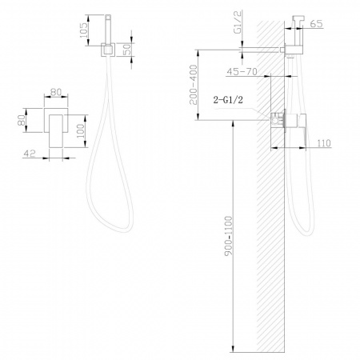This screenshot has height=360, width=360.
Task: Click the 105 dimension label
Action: point(83,30)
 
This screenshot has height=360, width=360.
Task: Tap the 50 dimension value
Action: point(128,50)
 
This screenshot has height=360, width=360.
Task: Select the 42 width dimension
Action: point(30,154)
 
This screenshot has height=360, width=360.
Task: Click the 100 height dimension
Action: point(80,130)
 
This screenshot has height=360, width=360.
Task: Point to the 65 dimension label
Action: point(317,24)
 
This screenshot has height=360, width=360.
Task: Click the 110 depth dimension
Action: point(324,143)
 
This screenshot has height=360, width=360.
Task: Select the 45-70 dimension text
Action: point(242,71)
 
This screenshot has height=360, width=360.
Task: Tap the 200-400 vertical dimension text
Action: point(194,85)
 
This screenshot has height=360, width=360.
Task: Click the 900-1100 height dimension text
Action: point(229,236)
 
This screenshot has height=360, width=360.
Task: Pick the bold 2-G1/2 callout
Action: point(228,100)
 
